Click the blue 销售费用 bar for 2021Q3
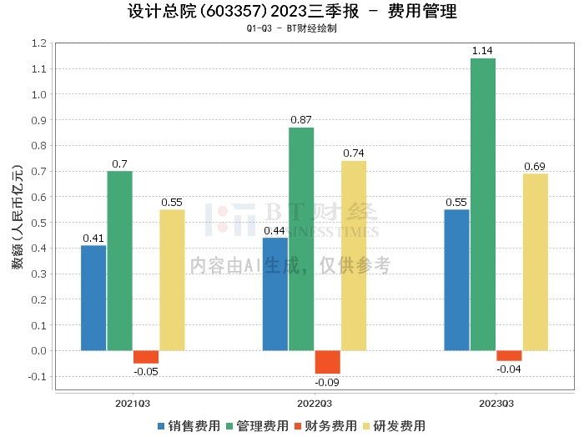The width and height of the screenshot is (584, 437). click(93, 298)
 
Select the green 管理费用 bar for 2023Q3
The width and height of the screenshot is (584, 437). click(483, 204)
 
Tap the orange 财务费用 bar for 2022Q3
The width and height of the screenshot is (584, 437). click(327, 362)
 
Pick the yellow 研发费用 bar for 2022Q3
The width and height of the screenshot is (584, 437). click(354, 255)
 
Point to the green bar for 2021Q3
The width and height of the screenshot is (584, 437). click(120, 260)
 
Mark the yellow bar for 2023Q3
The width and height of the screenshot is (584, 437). click(536, 262)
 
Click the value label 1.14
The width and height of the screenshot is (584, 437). click(483, 52)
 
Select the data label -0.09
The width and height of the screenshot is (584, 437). click(327, 383)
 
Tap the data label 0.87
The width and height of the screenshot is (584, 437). click(301, 120)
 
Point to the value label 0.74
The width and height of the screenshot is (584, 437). click(354, 153)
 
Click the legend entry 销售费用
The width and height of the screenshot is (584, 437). click(189, 425)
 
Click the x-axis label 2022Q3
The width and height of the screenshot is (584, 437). click(315, 404)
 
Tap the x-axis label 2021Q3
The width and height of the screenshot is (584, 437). click(133, 404)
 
